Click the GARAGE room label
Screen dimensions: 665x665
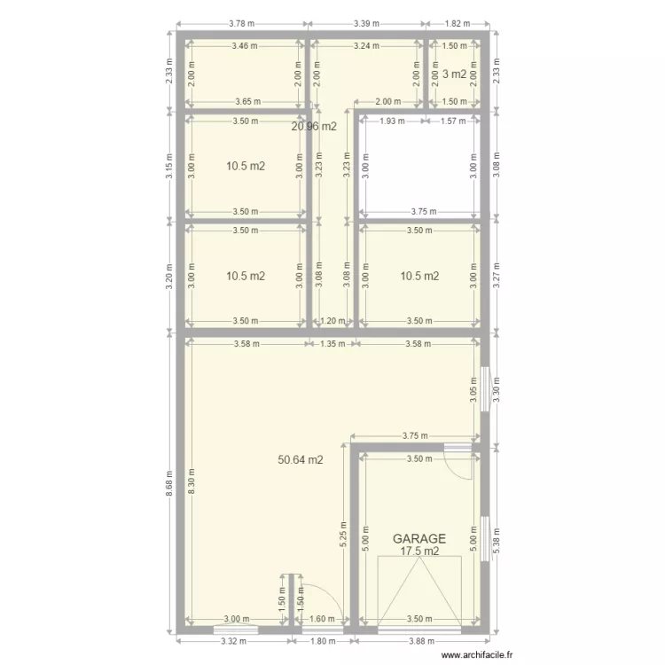pos(419,538)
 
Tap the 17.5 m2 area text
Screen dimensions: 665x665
pos(419,552)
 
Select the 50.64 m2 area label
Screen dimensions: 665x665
pos(300,460)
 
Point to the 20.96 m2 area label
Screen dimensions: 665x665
pos(314,126)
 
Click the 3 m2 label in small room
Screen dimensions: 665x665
pos(454,74)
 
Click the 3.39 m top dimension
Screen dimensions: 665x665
pos(365,24)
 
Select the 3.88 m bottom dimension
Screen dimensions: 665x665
pos(419,641)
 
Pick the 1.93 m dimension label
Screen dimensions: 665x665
pos(392,121)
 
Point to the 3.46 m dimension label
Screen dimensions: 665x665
pos(244,46)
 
